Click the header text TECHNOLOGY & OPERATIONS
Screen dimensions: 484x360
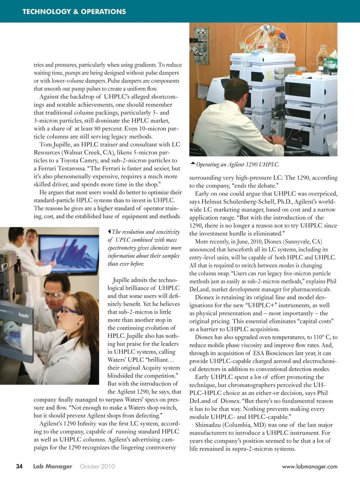pos(74,12)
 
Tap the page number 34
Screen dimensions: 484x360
pos(19,466)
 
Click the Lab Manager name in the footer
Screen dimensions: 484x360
pos(52,466)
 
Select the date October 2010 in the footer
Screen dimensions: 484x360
pos(97,466)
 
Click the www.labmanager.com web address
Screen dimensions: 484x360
pos(309,467)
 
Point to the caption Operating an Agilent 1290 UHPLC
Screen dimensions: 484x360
pos(238,164)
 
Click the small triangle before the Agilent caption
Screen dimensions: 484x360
pos(193,163)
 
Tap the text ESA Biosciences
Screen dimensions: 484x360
pos(274,353)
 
